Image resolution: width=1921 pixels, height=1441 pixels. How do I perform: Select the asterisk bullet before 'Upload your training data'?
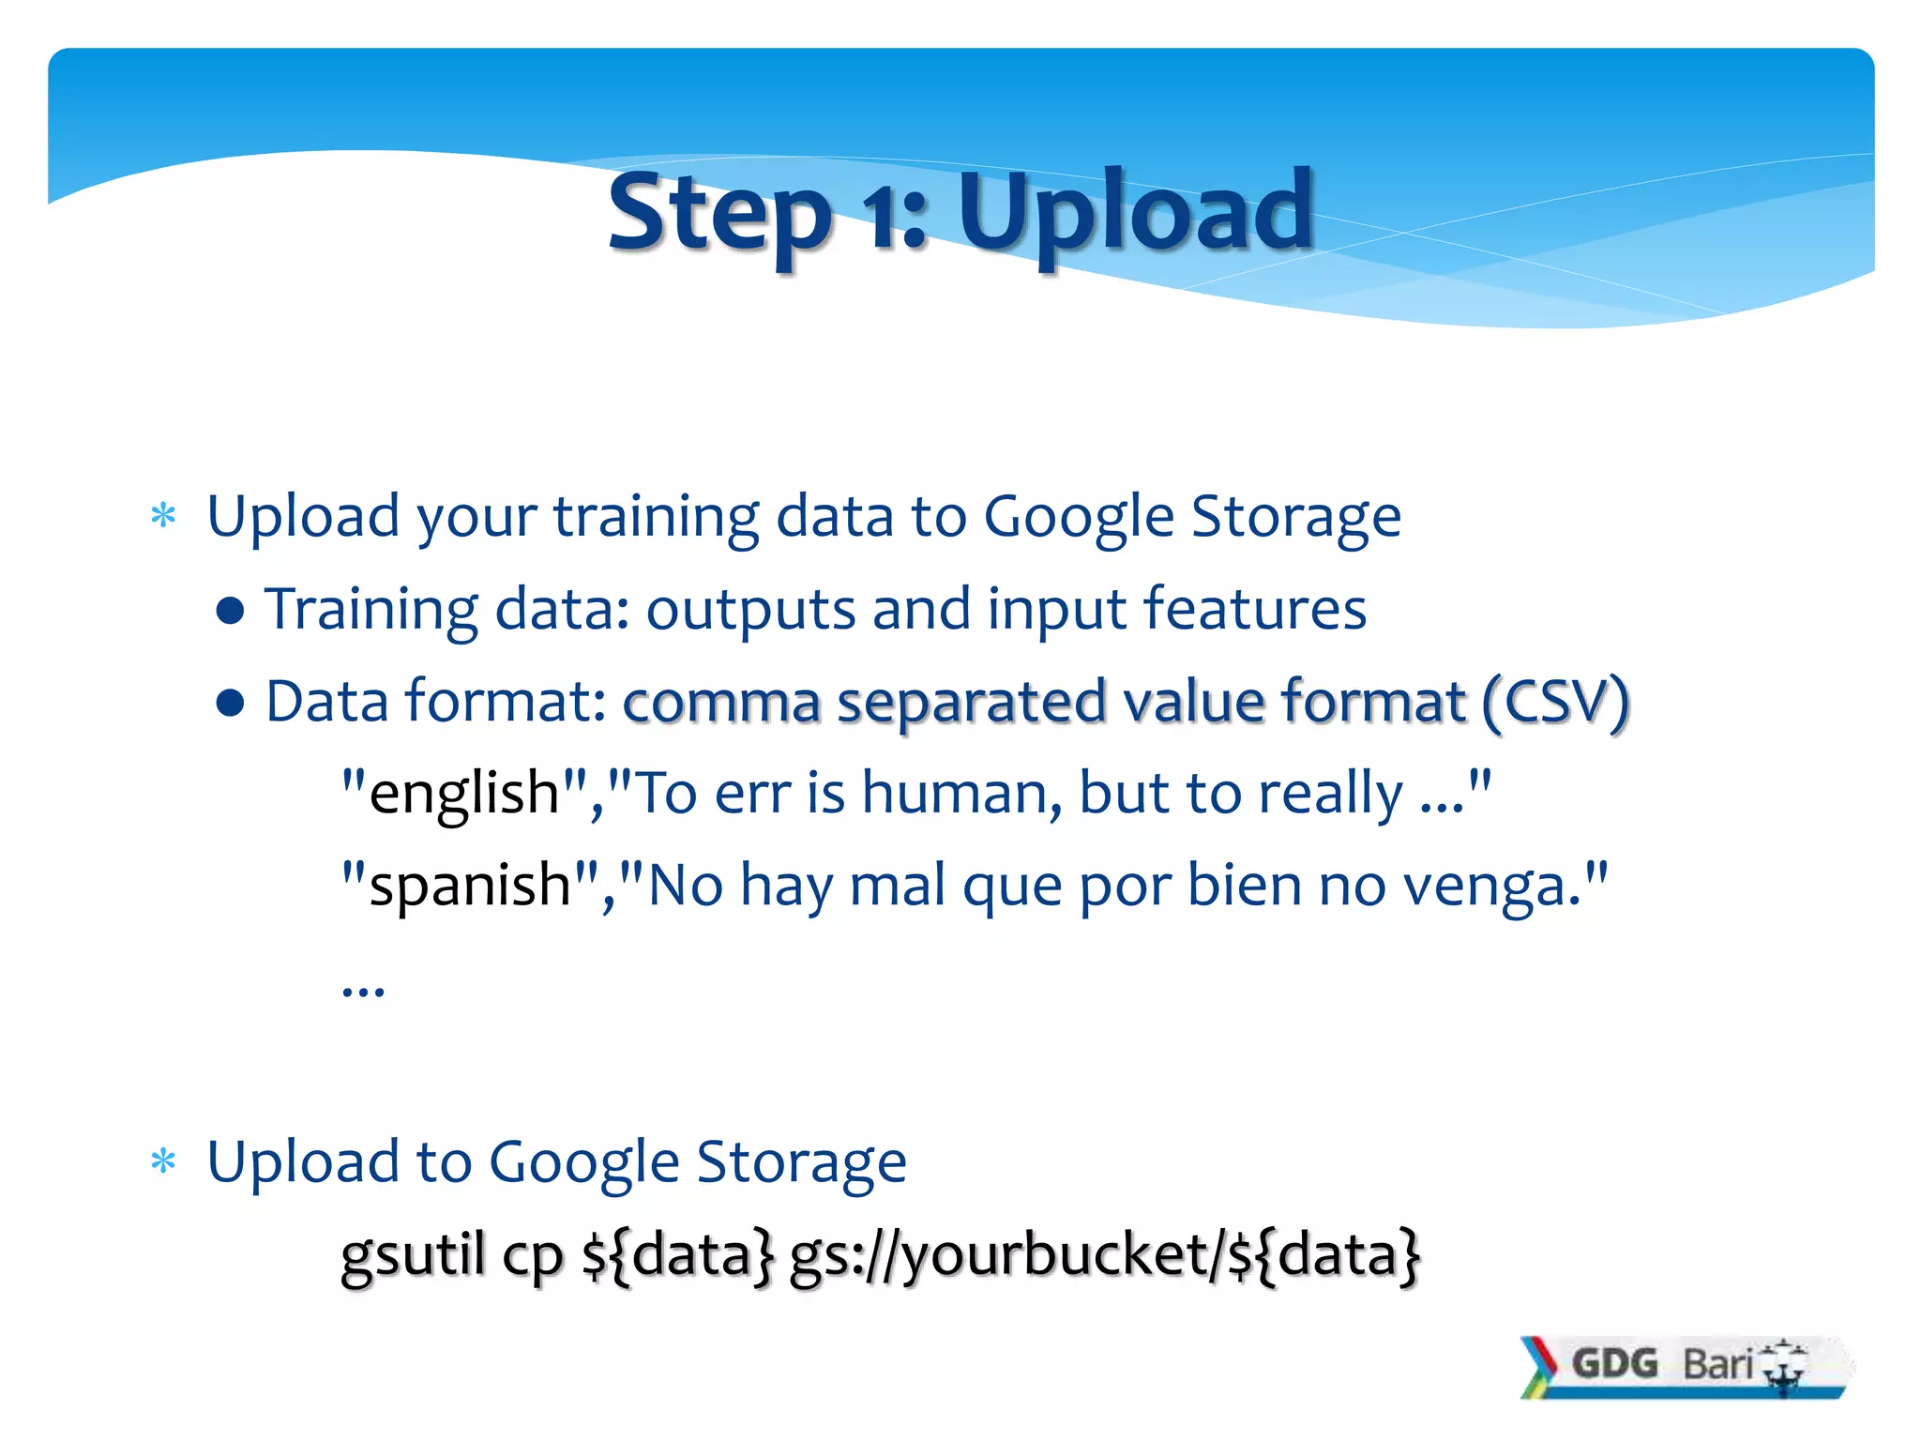coord(163,517)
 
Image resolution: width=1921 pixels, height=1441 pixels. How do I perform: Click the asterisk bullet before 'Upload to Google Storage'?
coord(163,1162)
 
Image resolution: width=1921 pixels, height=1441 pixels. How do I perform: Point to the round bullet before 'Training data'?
coord(230,612)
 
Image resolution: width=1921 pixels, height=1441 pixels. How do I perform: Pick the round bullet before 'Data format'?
coord(230,703)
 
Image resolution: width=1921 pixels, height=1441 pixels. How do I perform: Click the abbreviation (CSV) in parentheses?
coord(1555,702)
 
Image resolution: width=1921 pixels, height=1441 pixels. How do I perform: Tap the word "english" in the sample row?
coord(464,793)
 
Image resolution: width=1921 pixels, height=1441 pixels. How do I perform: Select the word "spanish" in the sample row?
coord(470,885)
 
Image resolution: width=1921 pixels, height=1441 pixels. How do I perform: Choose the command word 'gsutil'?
coord(413,1255)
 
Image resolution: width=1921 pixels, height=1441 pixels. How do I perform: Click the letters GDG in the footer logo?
coord(1614,1363)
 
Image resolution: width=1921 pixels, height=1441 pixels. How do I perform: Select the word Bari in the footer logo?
coord(1717,1364)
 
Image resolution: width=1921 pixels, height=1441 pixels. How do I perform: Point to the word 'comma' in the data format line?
coord(721,703)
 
